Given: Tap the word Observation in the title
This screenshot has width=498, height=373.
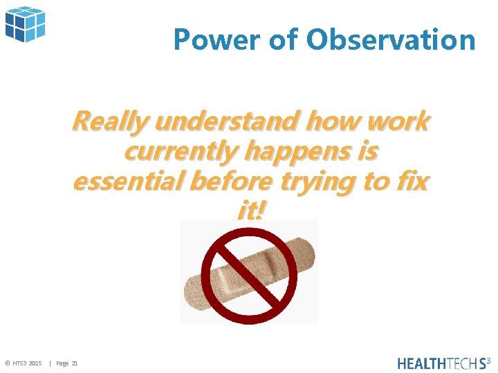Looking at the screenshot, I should click(x=391, y=40).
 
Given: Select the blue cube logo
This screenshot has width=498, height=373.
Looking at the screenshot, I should click(x=25, y=23).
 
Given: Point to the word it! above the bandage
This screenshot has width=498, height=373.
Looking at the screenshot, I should click(x=250, y=211).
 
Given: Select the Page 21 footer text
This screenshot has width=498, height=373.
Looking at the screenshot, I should click(x=67, y=363).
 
